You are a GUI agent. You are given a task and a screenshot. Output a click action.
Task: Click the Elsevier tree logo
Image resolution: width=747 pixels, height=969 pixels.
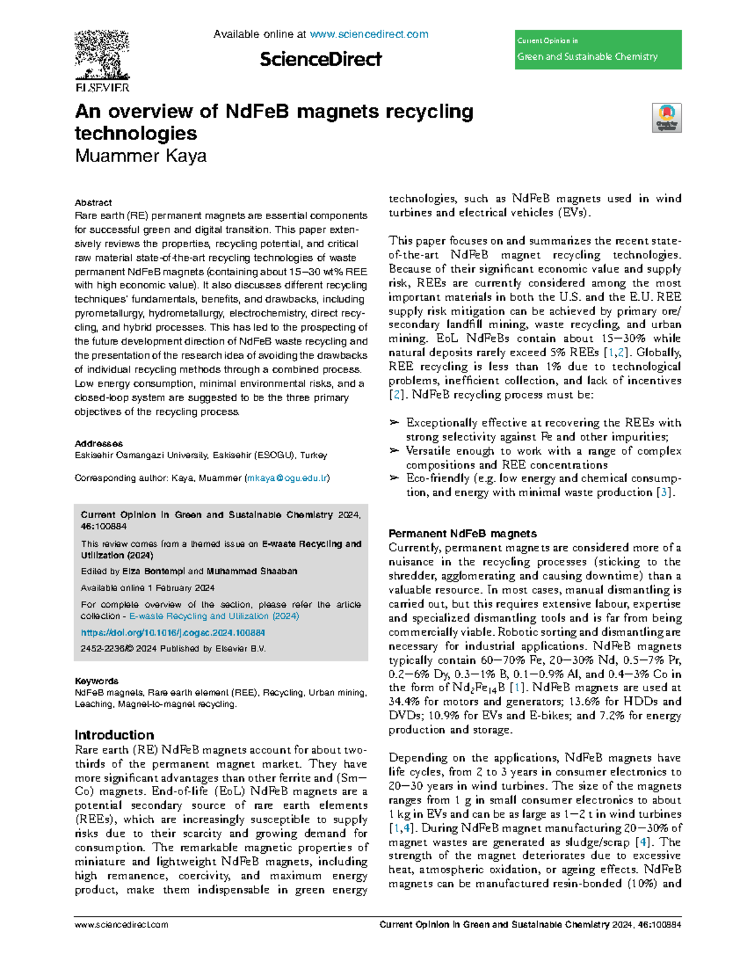coord(102,56)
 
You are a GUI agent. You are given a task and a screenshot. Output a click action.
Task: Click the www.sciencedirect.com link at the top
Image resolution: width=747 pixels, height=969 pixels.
coord(369,34)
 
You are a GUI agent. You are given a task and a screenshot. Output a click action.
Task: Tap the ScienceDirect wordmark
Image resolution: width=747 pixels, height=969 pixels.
coord(321,59)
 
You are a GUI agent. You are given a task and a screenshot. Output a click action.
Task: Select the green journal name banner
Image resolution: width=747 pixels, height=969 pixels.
coord(598,50)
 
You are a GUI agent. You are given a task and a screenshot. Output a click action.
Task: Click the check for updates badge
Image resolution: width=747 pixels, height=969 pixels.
coord(667,118)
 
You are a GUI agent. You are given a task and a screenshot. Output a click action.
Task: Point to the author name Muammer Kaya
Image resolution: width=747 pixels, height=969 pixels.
coord(141,156)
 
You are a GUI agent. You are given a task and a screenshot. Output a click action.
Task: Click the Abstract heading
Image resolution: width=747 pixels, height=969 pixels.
coord(93,202)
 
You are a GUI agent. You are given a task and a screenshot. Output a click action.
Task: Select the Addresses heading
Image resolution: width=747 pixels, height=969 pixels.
coord(99,443)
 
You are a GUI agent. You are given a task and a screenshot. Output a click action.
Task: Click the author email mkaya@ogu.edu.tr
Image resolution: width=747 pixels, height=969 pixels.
coord(287,478)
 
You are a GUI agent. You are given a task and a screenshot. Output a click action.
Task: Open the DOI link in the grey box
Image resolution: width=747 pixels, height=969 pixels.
coord(173,632)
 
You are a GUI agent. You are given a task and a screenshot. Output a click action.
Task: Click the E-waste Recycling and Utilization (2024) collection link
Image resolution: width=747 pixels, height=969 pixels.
coord(214,616)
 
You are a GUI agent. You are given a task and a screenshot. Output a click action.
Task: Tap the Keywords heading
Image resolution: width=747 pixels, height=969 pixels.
coord(96,681)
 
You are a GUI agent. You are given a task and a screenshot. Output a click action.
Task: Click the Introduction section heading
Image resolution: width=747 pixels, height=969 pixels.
coord(114,735)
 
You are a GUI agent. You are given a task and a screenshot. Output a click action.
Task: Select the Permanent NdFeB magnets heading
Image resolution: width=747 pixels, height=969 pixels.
coord(463,533)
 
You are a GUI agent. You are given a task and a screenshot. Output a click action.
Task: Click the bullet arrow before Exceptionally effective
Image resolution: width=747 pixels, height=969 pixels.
coord(394,423)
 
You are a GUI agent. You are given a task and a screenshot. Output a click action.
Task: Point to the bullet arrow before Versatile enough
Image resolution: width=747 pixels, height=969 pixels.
coord(394,451)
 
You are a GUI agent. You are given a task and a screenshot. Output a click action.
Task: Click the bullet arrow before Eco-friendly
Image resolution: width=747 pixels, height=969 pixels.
coord(394,478)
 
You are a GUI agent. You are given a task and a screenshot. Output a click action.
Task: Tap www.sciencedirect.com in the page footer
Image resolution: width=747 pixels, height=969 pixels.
coord(121,925)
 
